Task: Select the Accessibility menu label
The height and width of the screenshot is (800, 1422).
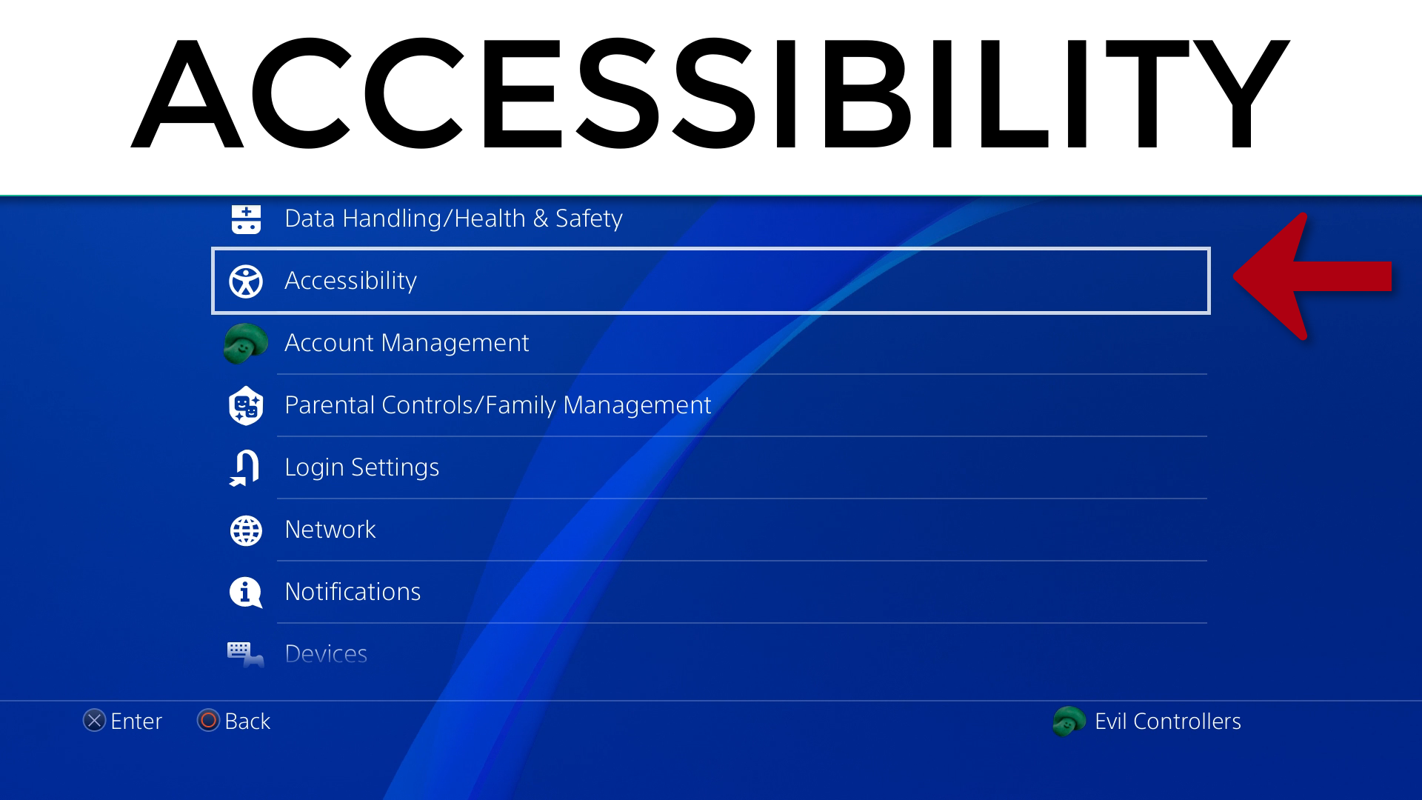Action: click(x=350, y=281)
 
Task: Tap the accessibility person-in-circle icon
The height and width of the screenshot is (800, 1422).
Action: click(x=246, y=281)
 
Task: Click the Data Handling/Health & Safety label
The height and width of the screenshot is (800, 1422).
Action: click(x=453, y=219)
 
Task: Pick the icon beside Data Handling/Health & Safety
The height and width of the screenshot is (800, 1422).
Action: click(x=246, y=219)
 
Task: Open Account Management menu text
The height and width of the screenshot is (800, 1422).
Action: click(x=407, y=343)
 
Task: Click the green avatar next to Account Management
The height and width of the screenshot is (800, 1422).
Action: click(x=246, y=344)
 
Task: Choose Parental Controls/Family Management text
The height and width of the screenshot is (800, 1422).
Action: click(x=498, y=405)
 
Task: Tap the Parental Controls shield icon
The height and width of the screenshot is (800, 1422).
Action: click(x=246, y=406)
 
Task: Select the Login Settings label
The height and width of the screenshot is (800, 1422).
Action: click(x=362, y=467)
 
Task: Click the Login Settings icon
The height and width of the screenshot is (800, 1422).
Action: click(x=244, y=468)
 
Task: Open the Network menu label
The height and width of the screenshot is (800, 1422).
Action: click(x=330, y=530)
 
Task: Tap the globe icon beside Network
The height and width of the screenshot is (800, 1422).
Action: click(x=246, y=531)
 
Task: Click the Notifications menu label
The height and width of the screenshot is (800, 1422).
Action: click(x=353, y=592)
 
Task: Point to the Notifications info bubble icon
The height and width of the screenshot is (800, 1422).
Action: click(x=246, y=593)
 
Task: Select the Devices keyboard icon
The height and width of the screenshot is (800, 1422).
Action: click(x=245, y=655)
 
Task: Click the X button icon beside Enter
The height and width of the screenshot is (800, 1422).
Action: click(x=94, y=721)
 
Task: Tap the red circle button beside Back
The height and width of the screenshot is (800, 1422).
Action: click(x=208, y=721)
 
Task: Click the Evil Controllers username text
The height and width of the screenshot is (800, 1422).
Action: click(x=1168, y=721)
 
